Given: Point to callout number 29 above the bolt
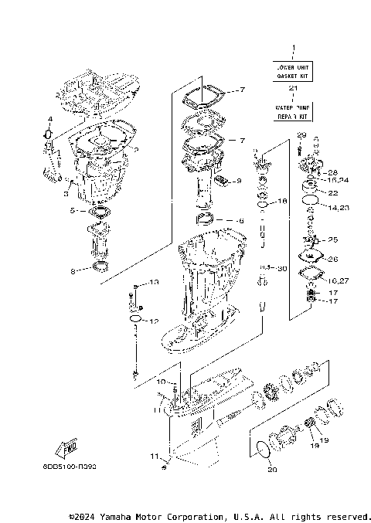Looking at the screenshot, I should coord(301,136).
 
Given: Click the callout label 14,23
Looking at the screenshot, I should coord(337,207).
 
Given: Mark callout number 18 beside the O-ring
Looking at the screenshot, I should coord(282,201).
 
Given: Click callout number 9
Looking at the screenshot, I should coord(239,181).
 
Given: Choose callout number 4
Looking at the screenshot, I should coord(49,119).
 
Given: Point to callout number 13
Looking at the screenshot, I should coord(153,283).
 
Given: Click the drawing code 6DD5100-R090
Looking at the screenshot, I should coord(76,467).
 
